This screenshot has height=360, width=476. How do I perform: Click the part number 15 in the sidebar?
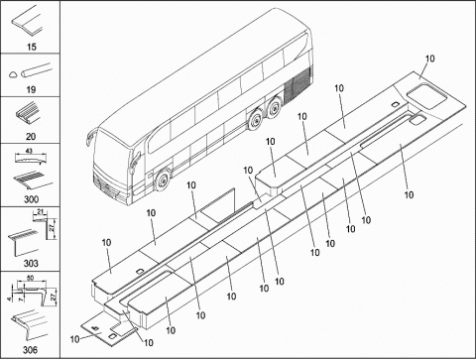[32, 47]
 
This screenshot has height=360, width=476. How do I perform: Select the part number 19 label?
[31, 89]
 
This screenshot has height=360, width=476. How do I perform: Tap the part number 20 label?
[31, 136]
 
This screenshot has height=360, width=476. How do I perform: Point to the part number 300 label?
[31, 199]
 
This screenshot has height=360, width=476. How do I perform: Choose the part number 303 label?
[31, 263]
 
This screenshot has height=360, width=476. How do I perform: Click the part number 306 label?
[30, 349]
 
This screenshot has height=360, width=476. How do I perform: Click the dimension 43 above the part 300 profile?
[29, 151]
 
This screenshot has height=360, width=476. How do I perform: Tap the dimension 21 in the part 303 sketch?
[41, 211]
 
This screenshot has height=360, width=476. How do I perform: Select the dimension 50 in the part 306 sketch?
[30, 278]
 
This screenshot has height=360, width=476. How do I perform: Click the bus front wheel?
[163, 180]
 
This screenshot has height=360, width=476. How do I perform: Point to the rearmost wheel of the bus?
[274, 106]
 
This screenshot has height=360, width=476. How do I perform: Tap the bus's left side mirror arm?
[89, 137]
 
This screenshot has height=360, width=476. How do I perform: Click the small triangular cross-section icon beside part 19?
[13, 74]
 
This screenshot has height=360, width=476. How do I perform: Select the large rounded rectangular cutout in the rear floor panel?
[426, 96]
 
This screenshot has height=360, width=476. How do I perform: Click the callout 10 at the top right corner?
[429, 59]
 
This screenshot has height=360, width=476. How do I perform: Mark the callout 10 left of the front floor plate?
[75, 339]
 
